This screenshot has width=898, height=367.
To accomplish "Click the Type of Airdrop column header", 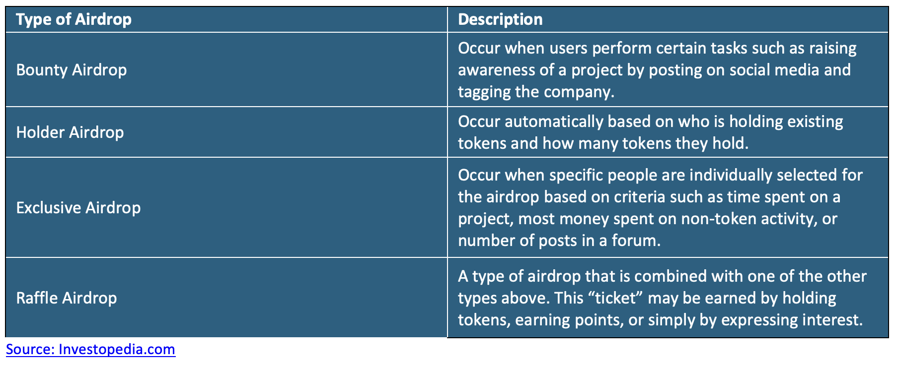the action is click(x=74, y=19).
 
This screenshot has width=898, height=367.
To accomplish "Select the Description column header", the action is click(x=500, y=19).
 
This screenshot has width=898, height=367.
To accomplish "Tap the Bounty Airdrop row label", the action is click(x=72, y=70).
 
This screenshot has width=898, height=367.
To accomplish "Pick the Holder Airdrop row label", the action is click(x=70, y=132).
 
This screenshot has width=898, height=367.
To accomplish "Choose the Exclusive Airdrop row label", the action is click(x=78, y=207).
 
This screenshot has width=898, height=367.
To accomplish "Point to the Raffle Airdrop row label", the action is click(x=67, y=298).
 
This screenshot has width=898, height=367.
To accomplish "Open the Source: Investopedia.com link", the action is click(x=90, y=349).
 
